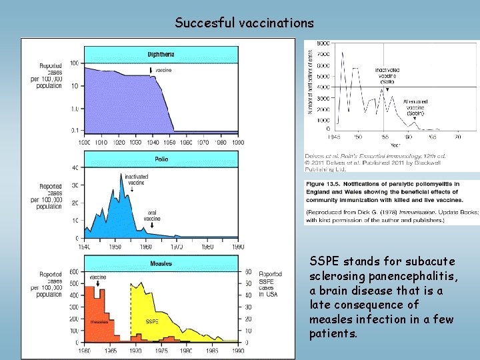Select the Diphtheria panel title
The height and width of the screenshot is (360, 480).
(161, 54)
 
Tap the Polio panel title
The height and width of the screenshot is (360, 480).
(161, 159)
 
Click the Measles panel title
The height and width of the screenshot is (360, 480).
(161, 264)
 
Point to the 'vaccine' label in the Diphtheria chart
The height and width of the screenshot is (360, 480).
(164, 70)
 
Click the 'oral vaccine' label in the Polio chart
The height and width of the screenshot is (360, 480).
(153, 217)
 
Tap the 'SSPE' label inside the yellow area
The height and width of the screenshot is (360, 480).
(152, 321)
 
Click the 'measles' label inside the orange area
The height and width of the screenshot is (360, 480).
(99, 321)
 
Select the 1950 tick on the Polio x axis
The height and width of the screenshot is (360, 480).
(115, 246)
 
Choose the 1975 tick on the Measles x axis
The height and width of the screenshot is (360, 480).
(161, 350)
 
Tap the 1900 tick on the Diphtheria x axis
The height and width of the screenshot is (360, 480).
(85, 142)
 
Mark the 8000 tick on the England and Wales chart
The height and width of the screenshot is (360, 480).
(322, 43)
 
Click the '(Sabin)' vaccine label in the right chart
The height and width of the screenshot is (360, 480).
(416, 111)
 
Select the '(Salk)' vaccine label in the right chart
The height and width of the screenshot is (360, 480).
(387, 82)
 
